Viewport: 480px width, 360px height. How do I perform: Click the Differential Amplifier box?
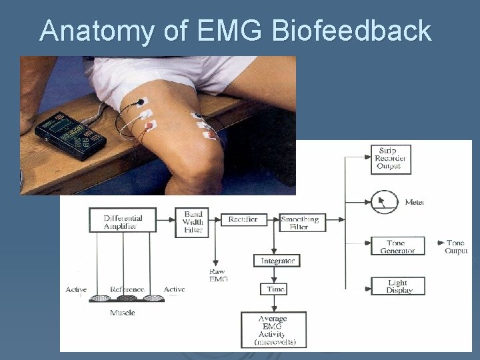(x=123, y=221)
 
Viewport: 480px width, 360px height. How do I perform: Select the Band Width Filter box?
(x=193, y=222)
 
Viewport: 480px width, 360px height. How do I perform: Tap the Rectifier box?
(x=243, y=219)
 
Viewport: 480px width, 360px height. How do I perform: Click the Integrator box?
(x=277, y=261)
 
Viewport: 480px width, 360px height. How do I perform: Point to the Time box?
(x=276, y=289)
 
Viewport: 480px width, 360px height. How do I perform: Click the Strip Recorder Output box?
(x=390, y=159)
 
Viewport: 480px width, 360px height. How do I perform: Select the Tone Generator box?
(x=397, y=247)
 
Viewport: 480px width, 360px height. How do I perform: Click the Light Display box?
(x=397, y=287)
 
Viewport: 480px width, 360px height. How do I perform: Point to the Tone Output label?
(x=455, y=247)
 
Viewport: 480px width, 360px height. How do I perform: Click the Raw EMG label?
(x=217, y=275)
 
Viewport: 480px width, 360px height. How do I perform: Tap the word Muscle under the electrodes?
(x=123, y=313)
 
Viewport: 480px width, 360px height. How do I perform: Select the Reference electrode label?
(x=127, y=290)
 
